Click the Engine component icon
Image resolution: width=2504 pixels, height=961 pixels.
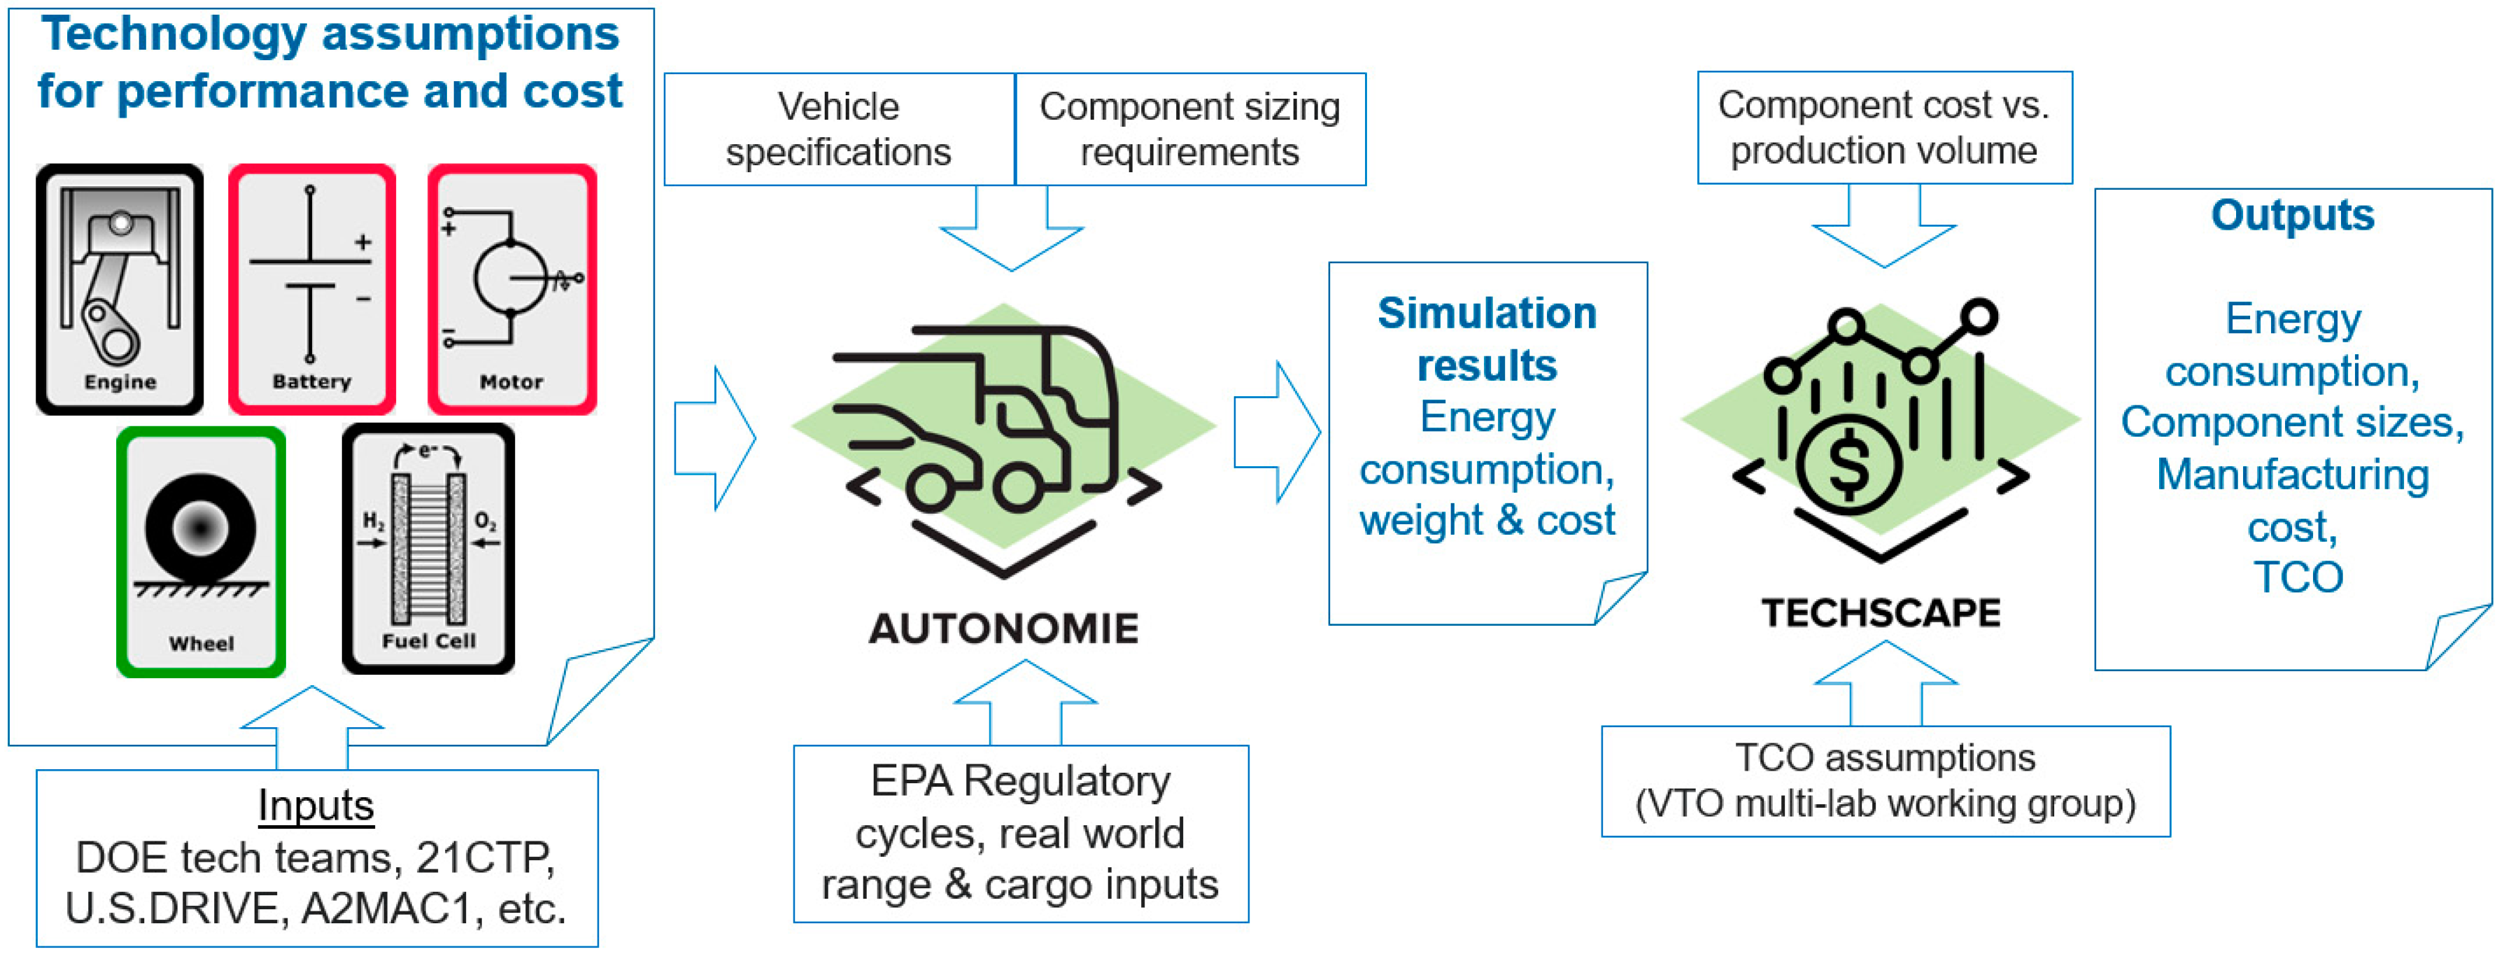[120, 289]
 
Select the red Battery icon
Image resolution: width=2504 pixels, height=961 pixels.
[312, 289]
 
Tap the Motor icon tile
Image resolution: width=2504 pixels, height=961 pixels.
[512, 289]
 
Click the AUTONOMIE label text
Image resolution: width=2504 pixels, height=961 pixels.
[1004, 629]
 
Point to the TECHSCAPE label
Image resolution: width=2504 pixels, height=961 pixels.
[1881, 612]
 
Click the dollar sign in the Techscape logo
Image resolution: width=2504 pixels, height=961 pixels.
[1848, 464]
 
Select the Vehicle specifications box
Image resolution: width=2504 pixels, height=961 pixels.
[839, 129]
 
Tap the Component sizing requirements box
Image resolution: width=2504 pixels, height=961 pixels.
[1190, 129]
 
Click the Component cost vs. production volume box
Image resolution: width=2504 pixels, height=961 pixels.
[1885, 127]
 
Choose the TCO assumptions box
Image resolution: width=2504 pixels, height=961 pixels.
[1886, 781]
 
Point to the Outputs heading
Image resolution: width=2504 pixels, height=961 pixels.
[2293, 215]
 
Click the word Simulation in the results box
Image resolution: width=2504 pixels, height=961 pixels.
[1487, 313]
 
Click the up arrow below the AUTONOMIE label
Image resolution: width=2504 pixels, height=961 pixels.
[1026, 702]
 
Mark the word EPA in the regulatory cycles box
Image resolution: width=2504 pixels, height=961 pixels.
[911, 781]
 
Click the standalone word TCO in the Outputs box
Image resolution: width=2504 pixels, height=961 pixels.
[2298, 577]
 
